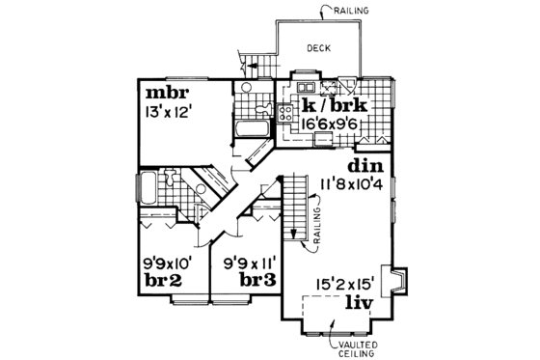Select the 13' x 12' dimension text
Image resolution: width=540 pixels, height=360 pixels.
coord(172,113)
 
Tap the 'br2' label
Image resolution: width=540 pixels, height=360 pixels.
coord(169,279)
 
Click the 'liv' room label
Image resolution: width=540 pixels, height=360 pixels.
coord(360,302)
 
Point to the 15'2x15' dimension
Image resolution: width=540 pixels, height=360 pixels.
coord(346,285)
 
